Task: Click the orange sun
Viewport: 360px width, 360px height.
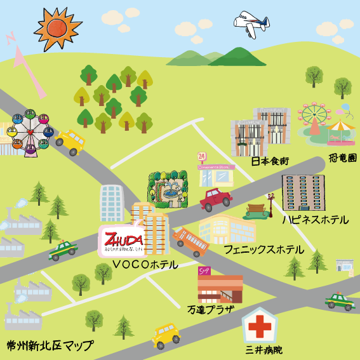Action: point(58,28)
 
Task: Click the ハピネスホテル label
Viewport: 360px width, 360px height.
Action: point(316,220)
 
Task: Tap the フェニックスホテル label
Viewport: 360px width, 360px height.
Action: point(263,250)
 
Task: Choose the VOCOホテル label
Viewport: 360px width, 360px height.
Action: point(144,264)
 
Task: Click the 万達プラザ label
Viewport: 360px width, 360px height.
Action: point(211,310)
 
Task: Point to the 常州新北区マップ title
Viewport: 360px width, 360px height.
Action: point(49,346)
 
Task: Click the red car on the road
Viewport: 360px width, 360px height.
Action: point(216,199)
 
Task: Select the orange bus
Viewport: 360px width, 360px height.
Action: point(191,241)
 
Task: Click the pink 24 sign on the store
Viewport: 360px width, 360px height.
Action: point(202,156)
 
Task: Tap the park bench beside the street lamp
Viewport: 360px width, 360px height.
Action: point(255,210)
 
